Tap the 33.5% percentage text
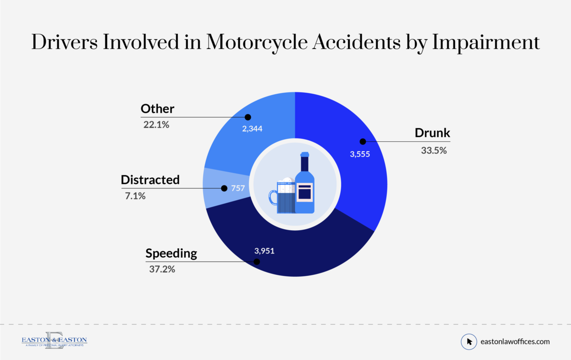point(434,150)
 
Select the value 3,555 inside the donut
point(359,154)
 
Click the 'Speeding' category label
point(171,253)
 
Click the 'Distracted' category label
point(150,180)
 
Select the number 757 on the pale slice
point(237,188)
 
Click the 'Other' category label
point(158,109)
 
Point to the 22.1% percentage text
point(157,125)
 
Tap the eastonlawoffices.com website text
point(515,341)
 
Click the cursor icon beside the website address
point(469,341)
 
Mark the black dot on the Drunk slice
point(362,141)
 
